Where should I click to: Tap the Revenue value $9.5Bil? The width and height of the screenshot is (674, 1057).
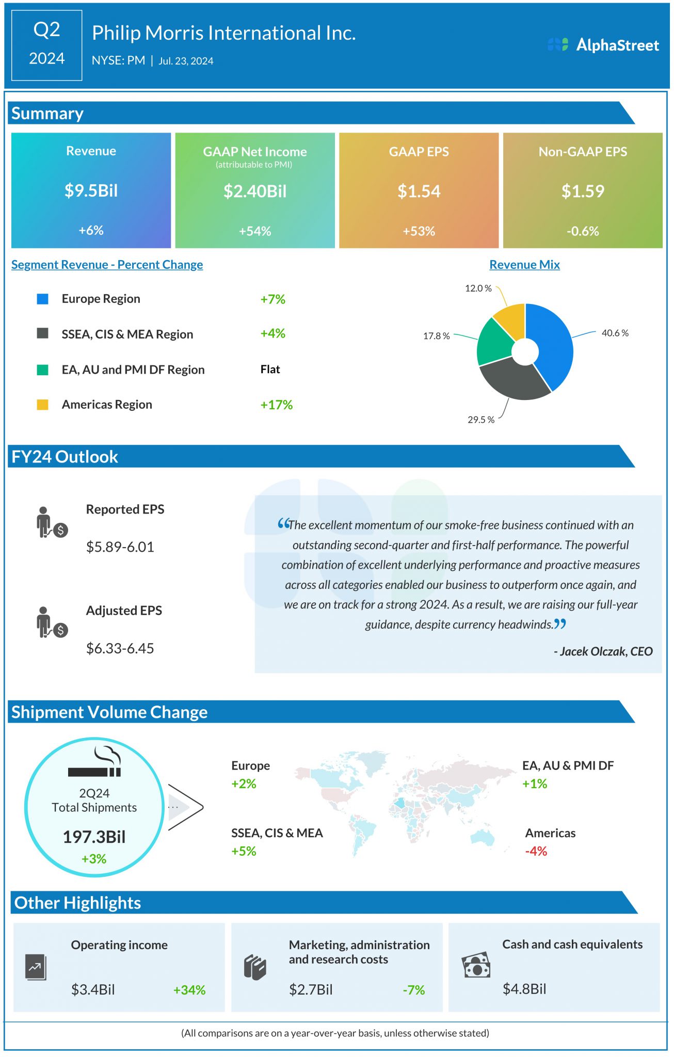pyautogui.click(x=91, y=190)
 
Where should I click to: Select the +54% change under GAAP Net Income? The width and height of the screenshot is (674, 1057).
pyautogui.click(x=255, y=231)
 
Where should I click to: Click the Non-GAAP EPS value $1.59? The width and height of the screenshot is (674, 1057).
pyautogui.click(x=583, y=191)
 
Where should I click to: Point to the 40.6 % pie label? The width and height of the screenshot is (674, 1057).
pyautogui.click(x=615, y=333)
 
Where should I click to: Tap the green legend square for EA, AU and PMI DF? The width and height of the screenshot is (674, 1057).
pyautogui.click(x=43, y=370)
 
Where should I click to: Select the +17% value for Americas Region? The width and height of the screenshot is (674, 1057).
pyautogui.click(x=276, y=405)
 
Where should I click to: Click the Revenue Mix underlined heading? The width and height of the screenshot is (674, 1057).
pyautogui.click(x=524, y=264)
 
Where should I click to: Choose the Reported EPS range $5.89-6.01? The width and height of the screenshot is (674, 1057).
pyautogui.click(x=120, y=547)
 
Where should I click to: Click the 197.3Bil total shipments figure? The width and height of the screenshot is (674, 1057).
pyautogui.click(x=94, y=837)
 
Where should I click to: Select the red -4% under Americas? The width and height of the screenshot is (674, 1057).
pyautogui.click(x=536, y=851)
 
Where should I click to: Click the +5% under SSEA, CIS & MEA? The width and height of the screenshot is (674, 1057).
pyautogui.click(x=244, y=851)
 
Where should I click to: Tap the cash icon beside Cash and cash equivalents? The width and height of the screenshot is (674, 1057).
pyautogui.click(x=475, y=965)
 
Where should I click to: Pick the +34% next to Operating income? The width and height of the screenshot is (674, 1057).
pyautogui.click(x=189, y=990)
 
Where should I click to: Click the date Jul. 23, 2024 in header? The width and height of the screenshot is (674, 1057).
pyautogui.click(x=186, y=61)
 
